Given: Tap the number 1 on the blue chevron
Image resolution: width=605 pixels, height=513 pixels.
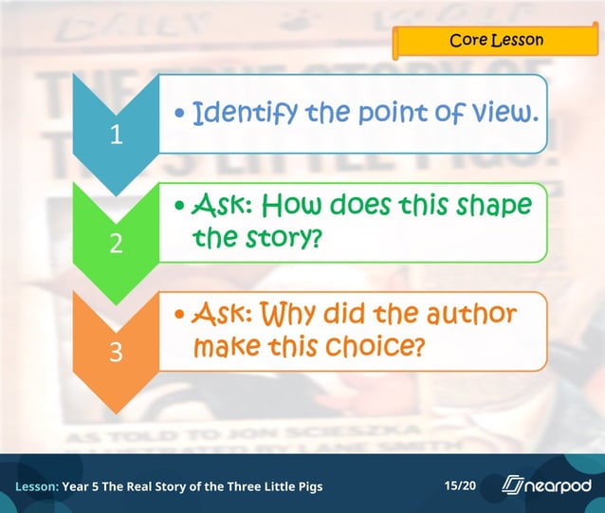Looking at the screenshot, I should pyautogui.click(x=116, y=136).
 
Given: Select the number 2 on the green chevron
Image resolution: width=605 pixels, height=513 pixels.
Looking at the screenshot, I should pyautogui.click(x=116, y=244).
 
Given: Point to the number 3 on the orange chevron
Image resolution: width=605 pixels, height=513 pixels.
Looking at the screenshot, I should pyautogui.click(x=116, y=352).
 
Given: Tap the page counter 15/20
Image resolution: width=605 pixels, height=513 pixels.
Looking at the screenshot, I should pyautogui.click(x=460, y=486).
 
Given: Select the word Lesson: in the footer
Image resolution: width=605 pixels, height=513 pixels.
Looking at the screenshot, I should pyautogui.click(x=36, y=486).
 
